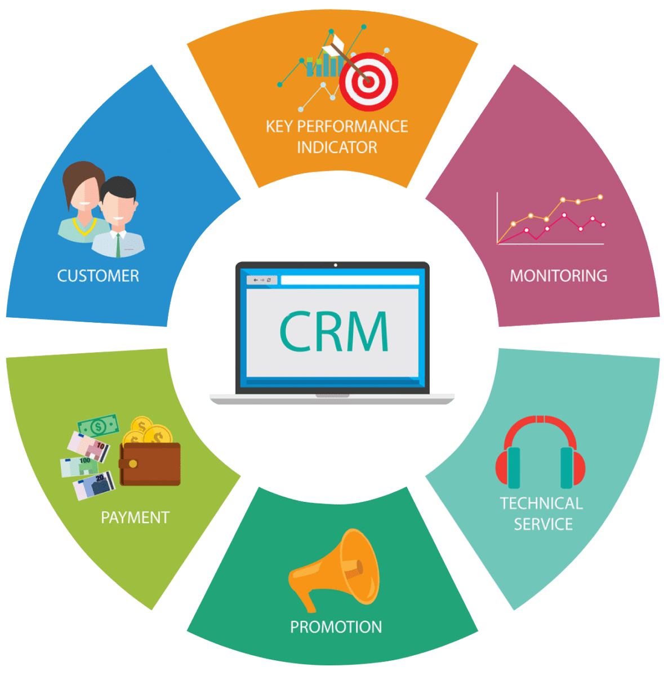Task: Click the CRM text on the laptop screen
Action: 334,331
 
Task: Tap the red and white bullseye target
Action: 368,82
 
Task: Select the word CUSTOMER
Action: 98,276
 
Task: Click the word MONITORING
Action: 559,275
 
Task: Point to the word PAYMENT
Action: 135,518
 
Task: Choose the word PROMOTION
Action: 336,627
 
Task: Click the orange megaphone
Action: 334,570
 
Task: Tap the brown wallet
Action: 150,464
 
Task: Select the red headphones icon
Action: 540,452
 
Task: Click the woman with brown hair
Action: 83,202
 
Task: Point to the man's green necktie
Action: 118,245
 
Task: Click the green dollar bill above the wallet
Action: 98,426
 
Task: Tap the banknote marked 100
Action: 79,467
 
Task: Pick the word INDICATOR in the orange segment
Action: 337,148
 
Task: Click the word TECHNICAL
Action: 542,504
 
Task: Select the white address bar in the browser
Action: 350,280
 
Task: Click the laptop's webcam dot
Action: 336,265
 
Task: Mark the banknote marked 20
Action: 94,486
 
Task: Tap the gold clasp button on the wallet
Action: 133,464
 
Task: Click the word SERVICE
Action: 543,524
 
